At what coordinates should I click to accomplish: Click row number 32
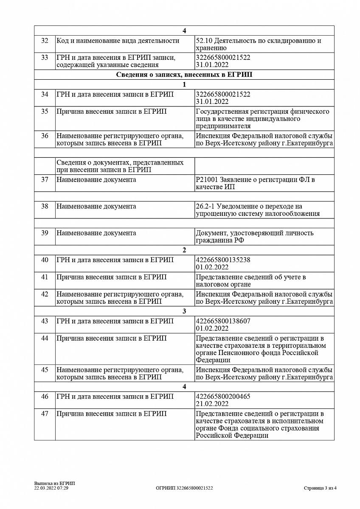tap(45, 41)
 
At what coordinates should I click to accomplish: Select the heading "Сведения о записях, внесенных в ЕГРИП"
tap(184, 75)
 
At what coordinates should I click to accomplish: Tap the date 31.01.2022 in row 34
tap(212, 101)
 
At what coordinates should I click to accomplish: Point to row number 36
tap(45, 136)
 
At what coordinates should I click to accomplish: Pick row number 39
tap(45, 233)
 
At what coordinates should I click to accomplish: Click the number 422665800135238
tap(223, 260)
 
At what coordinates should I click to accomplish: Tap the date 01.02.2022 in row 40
tap(212, 267)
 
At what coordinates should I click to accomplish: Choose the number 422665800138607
tap(223, 321)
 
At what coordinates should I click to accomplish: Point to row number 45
tap(45, 370)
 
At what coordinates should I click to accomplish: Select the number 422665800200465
tap(223, 396)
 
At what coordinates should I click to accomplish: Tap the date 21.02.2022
tap(212, 404)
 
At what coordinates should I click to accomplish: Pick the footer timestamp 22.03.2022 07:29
tap(51, 488)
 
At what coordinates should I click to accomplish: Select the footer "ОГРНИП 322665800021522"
tap(184, 488)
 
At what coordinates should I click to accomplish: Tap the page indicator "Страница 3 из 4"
tap(320, 488)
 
